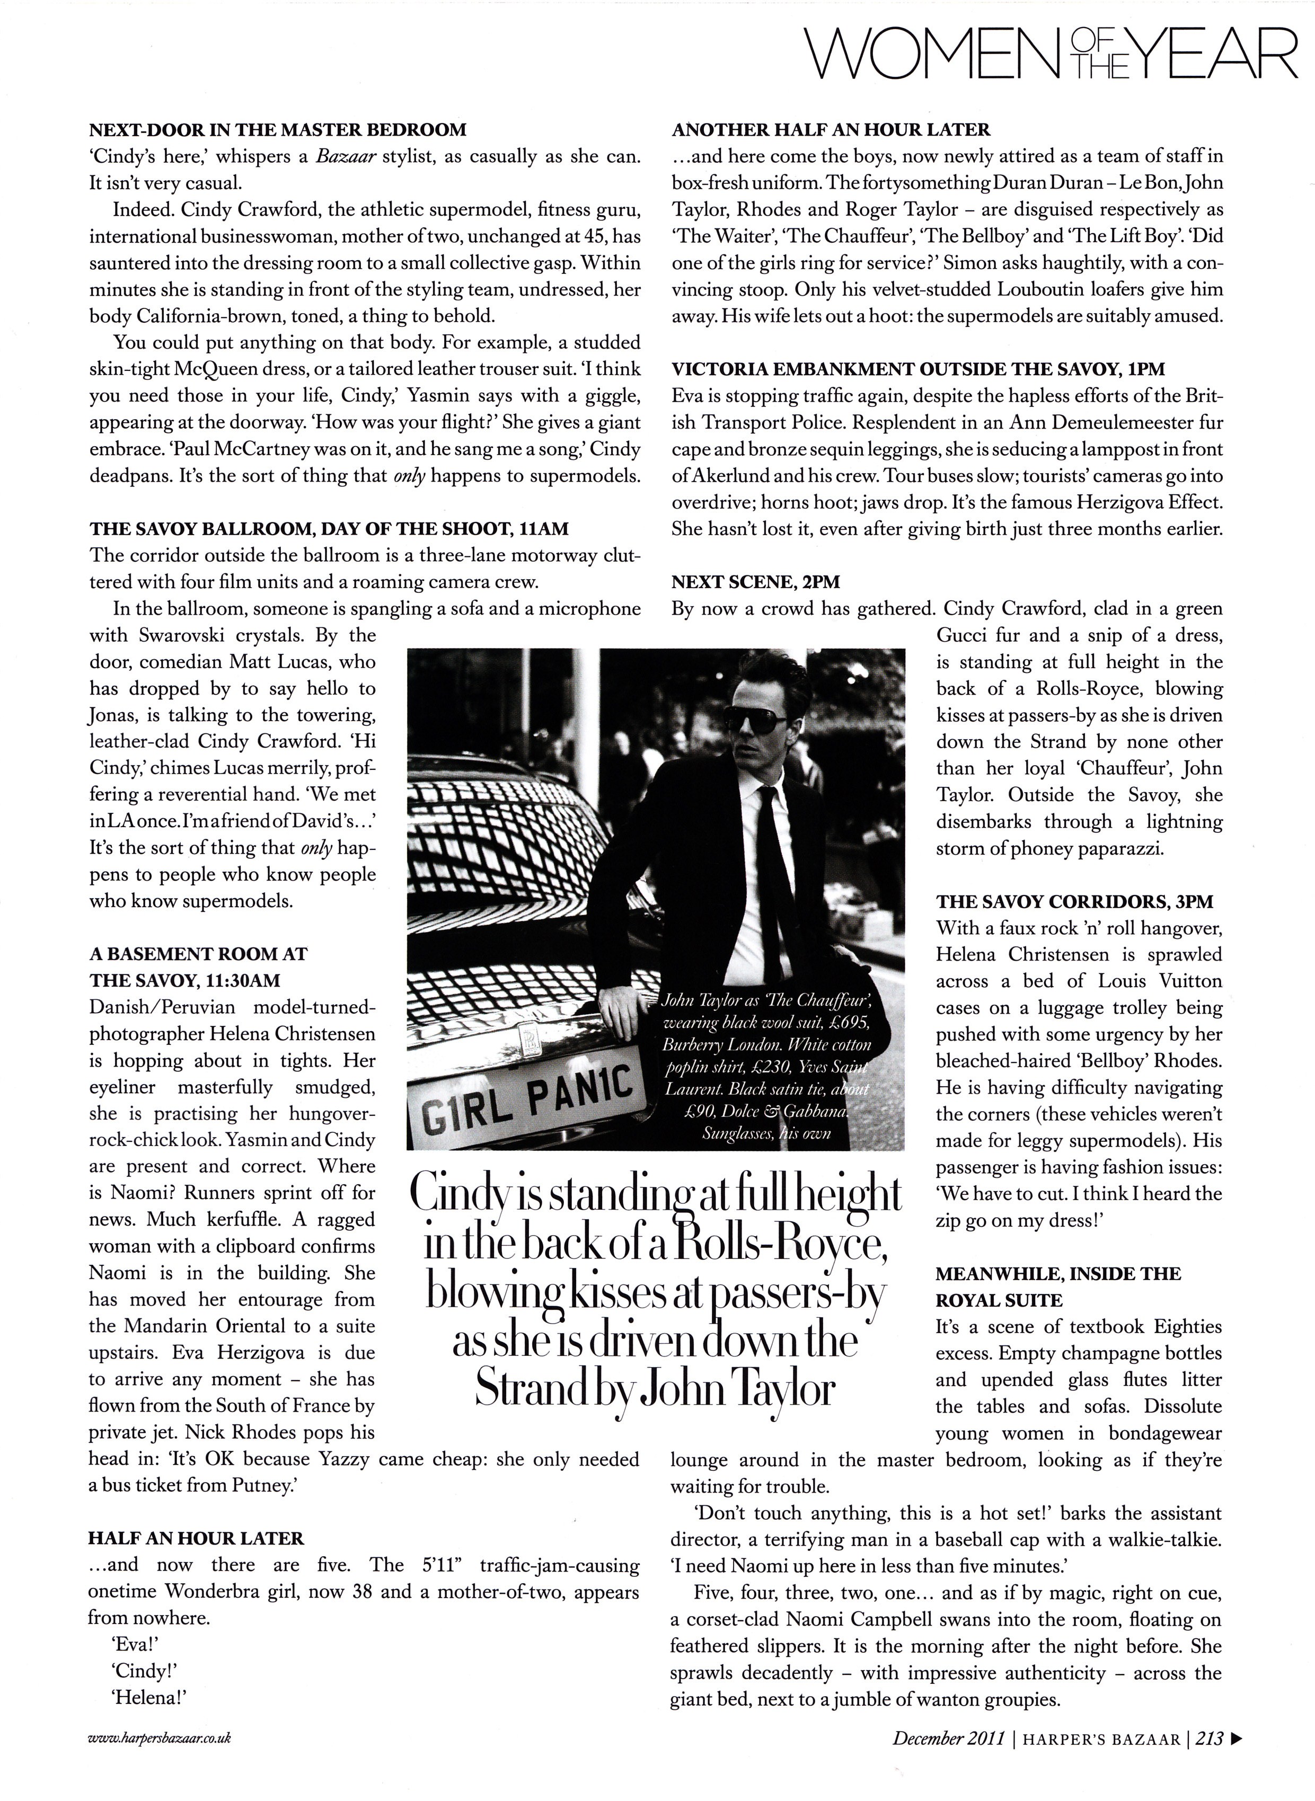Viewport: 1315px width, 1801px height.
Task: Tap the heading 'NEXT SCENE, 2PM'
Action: pos(755,582)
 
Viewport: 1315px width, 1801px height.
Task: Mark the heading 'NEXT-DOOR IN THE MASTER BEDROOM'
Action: pos(278,129)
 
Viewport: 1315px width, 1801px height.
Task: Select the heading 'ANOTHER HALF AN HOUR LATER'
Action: pos(831,129)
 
